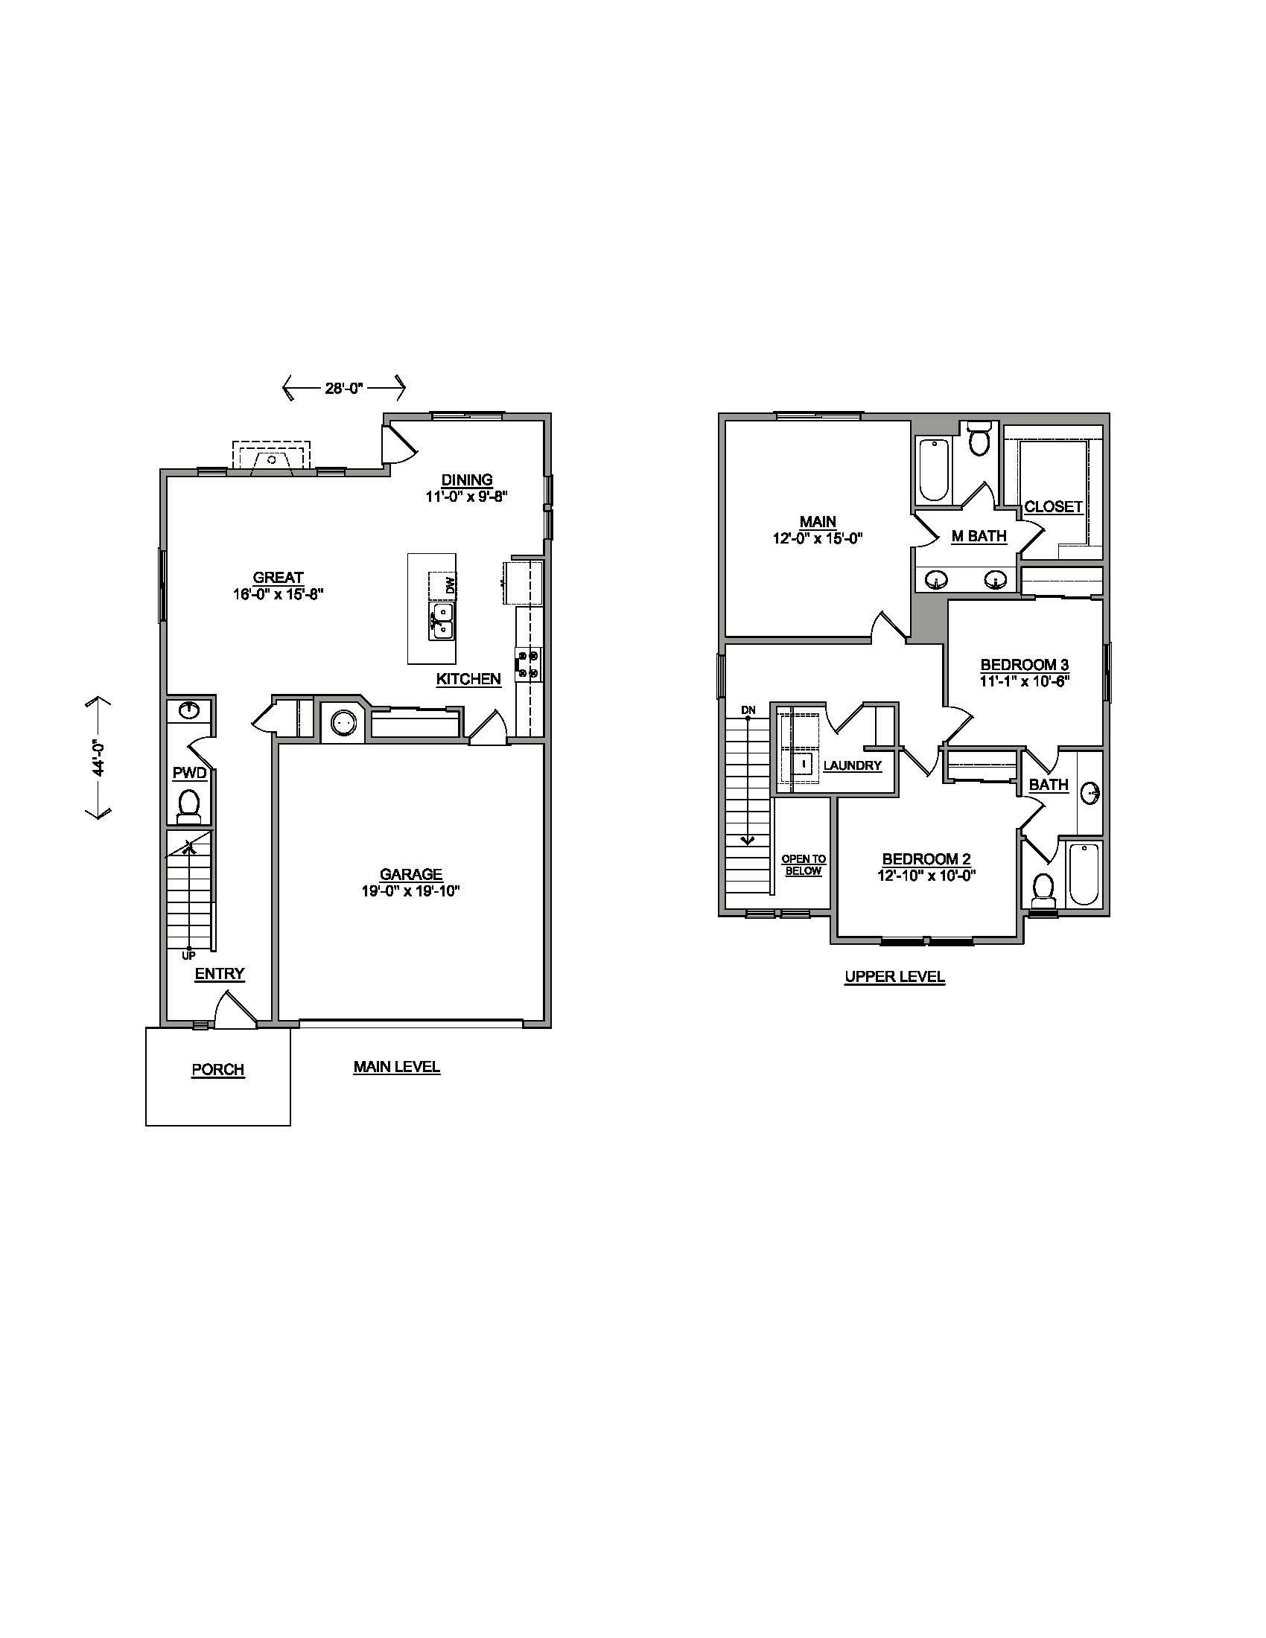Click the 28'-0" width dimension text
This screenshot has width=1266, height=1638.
(343, 388)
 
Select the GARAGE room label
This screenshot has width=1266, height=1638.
(410, 874)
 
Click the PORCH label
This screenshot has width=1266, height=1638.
(217, 1069)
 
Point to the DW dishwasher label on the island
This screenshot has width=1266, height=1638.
(450, 585)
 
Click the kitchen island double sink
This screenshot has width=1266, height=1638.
(442, 622)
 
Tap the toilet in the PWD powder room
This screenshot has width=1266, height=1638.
(189, 805)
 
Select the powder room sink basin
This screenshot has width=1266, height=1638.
(188, 710)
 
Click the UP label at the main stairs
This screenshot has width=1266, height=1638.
(188, 955)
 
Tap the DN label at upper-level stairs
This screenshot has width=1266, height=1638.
(748, 710)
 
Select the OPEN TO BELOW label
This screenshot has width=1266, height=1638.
(804, 864)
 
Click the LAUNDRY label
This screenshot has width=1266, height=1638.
(852, 765)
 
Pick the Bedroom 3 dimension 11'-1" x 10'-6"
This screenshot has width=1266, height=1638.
(1024, 681)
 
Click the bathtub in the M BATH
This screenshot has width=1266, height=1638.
(934, 470)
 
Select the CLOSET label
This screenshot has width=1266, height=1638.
(1053, 506)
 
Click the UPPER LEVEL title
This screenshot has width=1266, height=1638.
(894, 977)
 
